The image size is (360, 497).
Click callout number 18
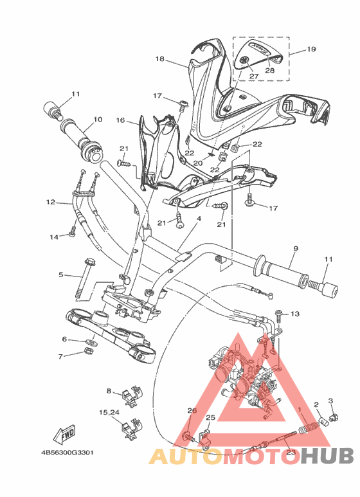click(x=160, y=59)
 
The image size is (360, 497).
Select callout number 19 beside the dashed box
click(x=311, y=49)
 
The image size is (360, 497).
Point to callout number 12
click(x=50, y=203)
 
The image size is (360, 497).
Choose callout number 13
click(x=295, y=314)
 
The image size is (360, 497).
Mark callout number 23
click(x=291, y=453)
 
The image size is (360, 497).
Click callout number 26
click(x=191, y=411)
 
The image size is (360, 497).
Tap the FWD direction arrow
click(x=66, y=436)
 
